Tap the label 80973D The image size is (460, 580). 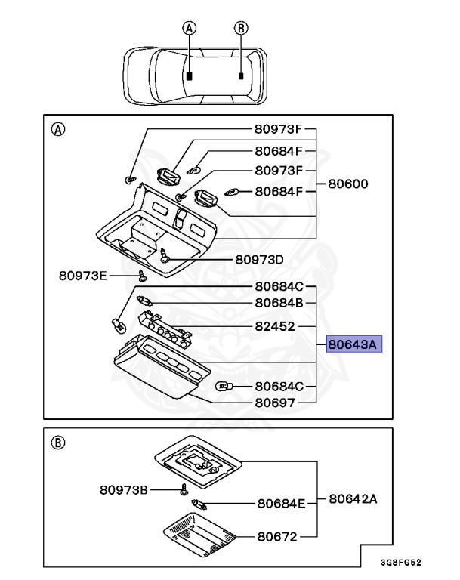coord(259,259)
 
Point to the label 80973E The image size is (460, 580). coord(83,275)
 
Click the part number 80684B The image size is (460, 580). coord(279,303)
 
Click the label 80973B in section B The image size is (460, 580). coord(124,489)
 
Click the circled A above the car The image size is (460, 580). coord(190,28)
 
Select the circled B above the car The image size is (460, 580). coord(241,28)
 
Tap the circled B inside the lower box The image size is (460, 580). coord(57,443)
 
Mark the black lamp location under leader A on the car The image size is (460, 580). coord(190,76)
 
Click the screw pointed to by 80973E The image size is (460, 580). coord(140,276)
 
